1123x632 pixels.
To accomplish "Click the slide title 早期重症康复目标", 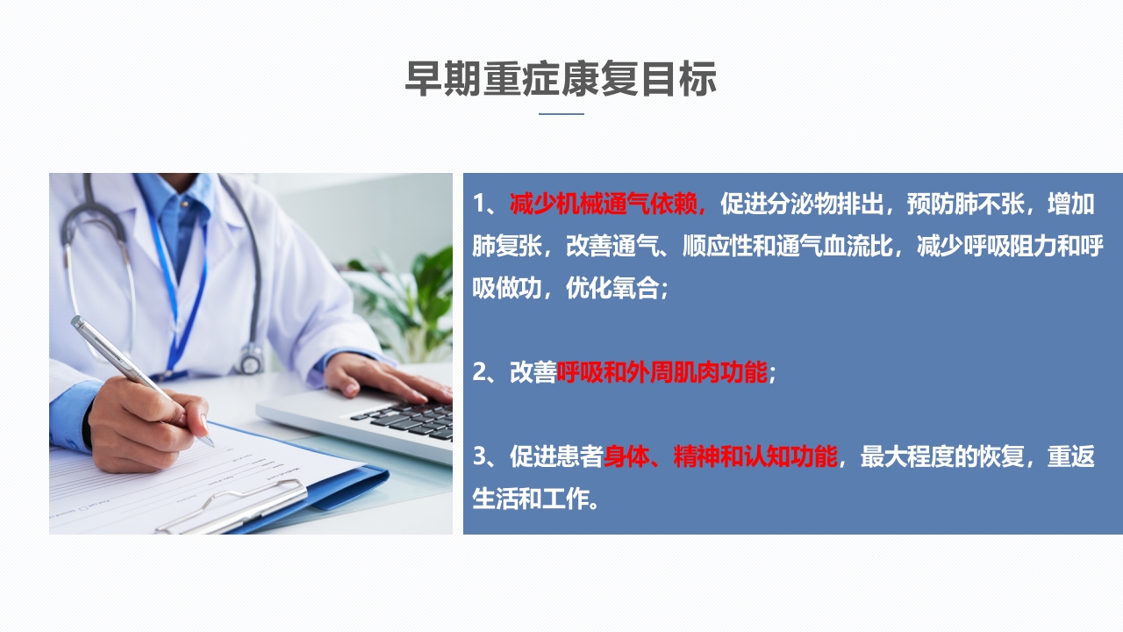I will pyautogui.click(x=561, y=80).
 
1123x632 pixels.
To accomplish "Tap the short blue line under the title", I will pyautogui.click(x=561, y=114).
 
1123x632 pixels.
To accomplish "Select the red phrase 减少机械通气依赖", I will pyautogui.click(x=607, y=205).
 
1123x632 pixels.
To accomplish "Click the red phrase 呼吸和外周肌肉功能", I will pyautogui.click(x=662, y=373).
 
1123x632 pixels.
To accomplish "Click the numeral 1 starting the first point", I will pyautogui.click(x=479, y=205).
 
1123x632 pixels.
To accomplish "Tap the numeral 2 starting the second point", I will pyautogui.click(x=479, y=373).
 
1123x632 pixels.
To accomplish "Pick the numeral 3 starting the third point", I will pyautogui.click(x=479, y=457).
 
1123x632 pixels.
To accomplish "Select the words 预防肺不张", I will pyautogui.click(x=953, y=205).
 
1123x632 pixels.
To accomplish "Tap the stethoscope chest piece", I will pyautogui.click(x=251, y=359).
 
